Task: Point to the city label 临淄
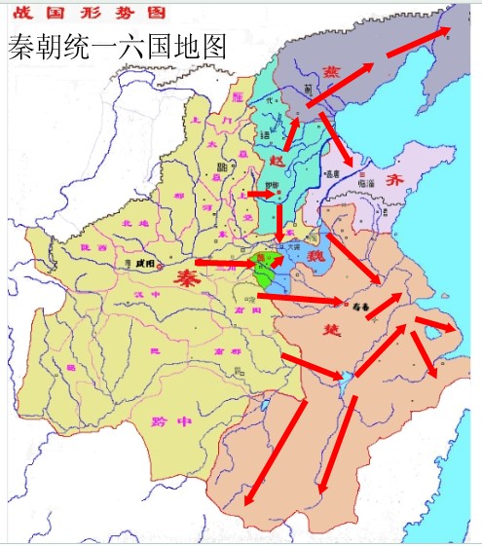tap(367, 183)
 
